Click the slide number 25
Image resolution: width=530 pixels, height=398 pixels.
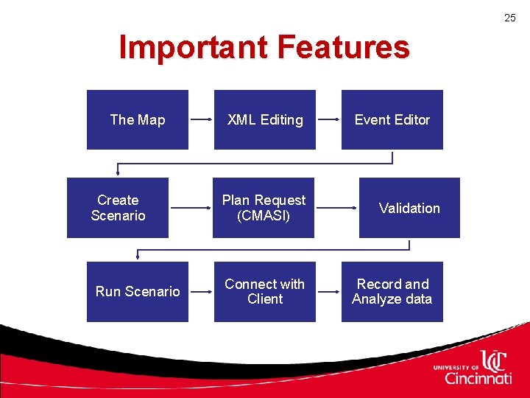coord(510,18)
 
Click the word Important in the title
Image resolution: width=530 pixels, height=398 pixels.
coord(192,48)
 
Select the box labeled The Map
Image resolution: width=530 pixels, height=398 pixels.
coord(138,119)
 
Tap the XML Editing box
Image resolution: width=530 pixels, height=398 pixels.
coord(265,119)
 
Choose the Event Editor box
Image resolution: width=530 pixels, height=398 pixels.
coord(392,119)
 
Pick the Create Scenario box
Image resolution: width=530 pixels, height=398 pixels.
coord(118,208)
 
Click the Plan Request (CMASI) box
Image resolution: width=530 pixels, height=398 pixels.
coord(264,208)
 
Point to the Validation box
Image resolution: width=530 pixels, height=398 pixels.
coord(409,208)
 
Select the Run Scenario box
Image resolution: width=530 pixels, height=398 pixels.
coord(138,291)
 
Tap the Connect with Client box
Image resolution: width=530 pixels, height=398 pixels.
coord(265,291)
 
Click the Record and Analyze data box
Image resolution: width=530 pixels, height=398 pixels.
coord(392,291)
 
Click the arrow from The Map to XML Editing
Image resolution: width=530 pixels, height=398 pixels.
coord(201,119)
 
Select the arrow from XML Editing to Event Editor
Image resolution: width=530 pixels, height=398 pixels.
coord(328,119)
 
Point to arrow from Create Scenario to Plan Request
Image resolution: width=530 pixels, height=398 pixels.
coord(190,209)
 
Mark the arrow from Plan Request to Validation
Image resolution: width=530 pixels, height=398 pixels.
coord(337,209)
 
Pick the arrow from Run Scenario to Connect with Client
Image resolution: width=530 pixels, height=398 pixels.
coord(201,292)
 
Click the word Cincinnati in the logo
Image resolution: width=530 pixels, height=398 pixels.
coord(478,379)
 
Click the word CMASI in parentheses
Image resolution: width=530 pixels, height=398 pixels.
coord(264,216)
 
